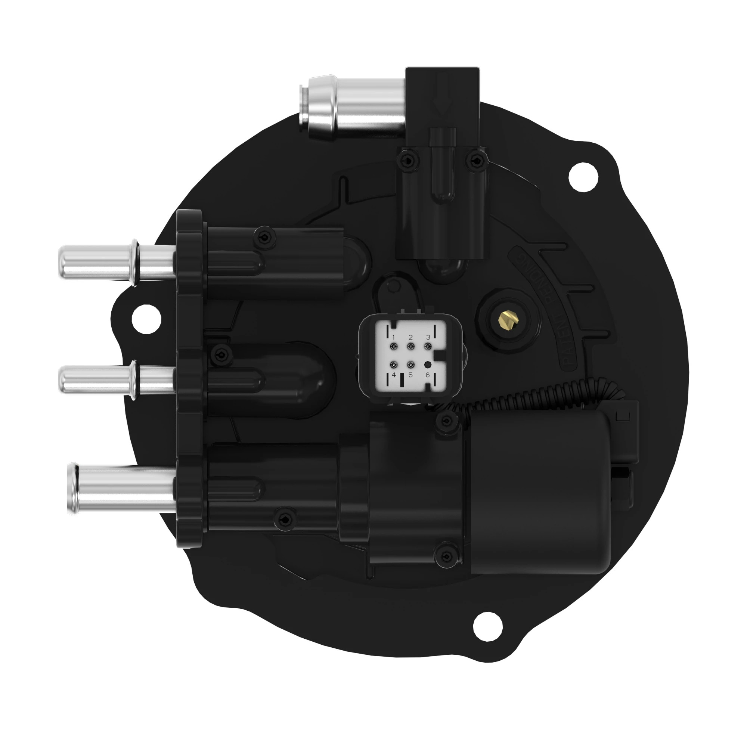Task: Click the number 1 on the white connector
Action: pos(394,338)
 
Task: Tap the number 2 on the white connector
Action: pos(410,338)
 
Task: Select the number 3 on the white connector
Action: pos(428,338)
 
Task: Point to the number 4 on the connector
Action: pos(394,375)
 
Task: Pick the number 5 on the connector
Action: pos(410,375)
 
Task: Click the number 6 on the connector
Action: pos(428,375)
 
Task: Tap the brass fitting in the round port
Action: pos(505,319)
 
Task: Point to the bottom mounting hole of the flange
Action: pos(488,626)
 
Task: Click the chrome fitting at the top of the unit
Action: pos(356,105)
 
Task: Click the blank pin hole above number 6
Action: pos(428,364)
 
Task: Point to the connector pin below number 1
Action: pos(394,346)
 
